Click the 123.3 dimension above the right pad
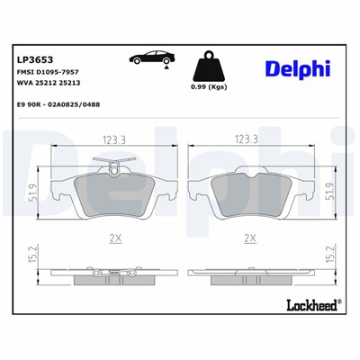click(x=246, y=139)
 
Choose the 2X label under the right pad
click(x=249, y=238)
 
